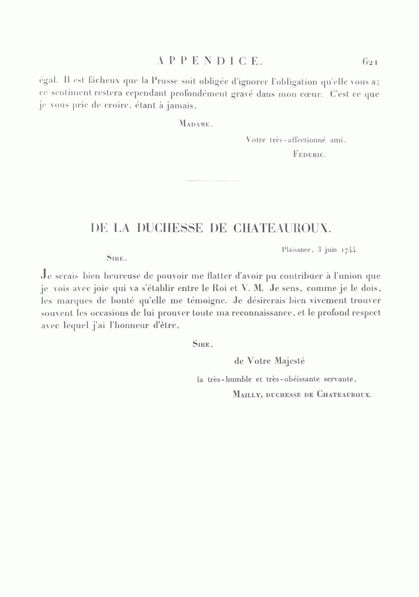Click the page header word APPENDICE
tap(210, 61)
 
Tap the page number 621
tap(372, 61)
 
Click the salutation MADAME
tap(196, 124)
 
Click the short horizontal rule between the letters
tap(212, 180)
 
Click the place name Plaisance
tap(296, 250)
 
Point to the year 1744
tap(349, 250)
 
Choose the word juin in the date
tap(330, 250)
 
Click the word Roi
tap(218, 289)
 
